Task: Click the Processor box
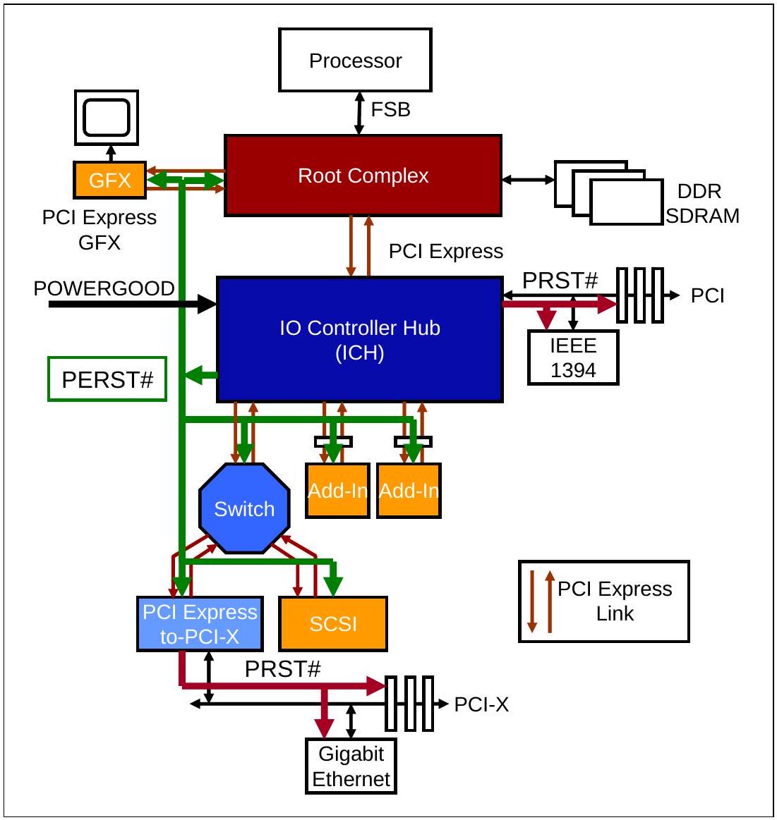coord(355,60)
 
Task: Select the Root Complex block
coord(363,176)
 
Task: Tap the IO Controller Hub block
coord(360,340)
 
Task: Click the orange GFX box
coord(109,180)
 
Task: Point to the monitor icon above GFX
coord(107,118)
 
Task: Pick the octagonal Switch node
coord(244,508)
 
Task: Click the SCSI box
coord(333,623)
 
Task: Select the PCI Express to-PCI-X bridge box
coord(200,624)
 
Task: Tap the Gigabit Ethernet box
coord(351,766)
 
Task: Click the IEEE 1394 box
coord(573,357)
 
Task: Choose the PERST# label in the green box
coord(107,379)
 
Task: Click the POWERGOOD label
coord(104,288)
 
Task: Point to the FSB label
coord(390,110)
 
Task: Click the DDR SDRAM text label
coord(701,204)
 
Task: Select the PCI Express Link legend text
coord(615,601)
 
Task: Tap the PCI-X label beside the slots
coord(481,704)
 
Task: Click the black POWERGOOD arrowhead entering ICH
coord(207,303)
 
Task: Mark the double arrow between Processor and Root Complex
coord(359,113)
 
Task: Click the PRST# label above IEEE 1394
coord(560,281)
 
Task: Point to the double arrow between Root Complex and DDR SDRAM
coord(528,180)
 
